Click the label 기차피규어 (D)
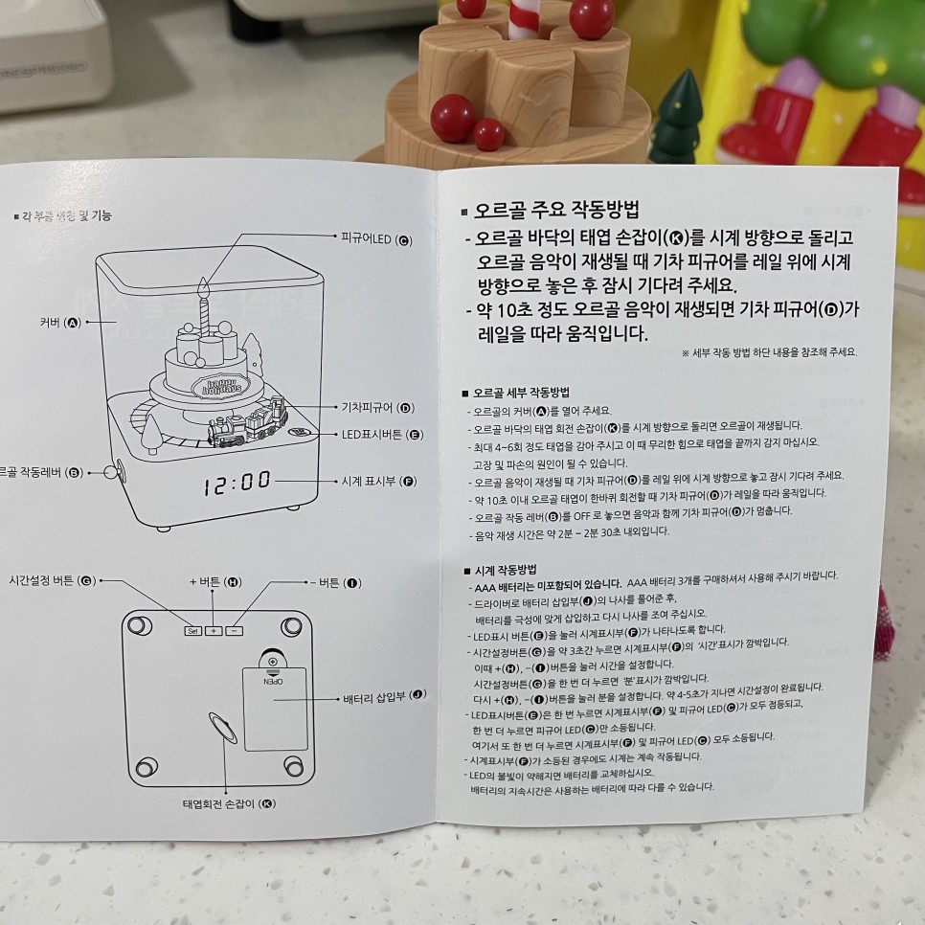pos(377,408)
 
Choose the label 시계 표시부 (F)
pos(378,481)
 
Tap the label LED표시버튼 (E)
pos(382,434)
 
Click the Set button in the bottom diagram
pos(192,630)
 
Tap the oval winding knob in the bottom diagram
pos(221,727)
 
